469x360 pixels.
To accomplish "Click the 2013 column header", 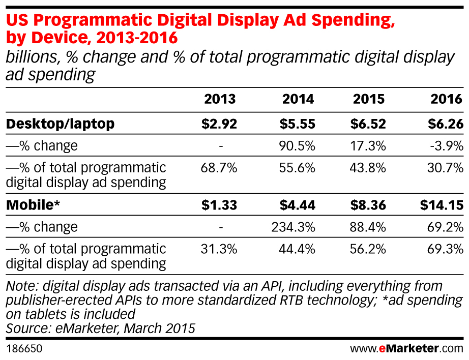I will coord(220,99).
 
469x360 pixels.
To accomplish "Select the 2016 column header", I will coord(447,99).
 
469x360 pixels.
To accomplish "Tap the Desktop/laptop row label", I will coord(61,124).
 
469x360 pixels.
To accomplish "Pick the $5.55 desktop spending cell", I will coord(298,124).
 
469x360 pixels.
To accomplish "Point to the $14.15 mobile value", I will coord(442,205).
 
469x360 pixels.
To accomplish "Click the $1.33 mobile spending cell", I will coord(219,205).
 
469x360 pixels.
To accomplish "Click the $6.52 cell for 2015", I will coord(368,124).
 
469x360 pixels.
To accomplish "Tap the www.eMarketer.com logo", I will coord(407,349).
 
